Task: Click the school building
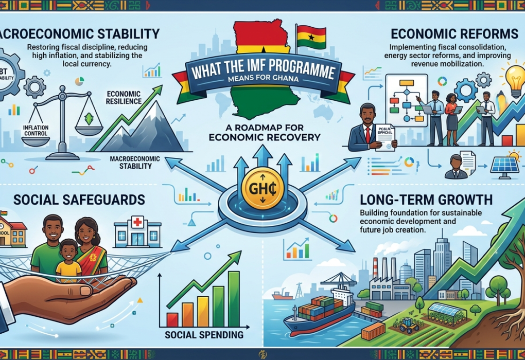coord(13,232)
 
